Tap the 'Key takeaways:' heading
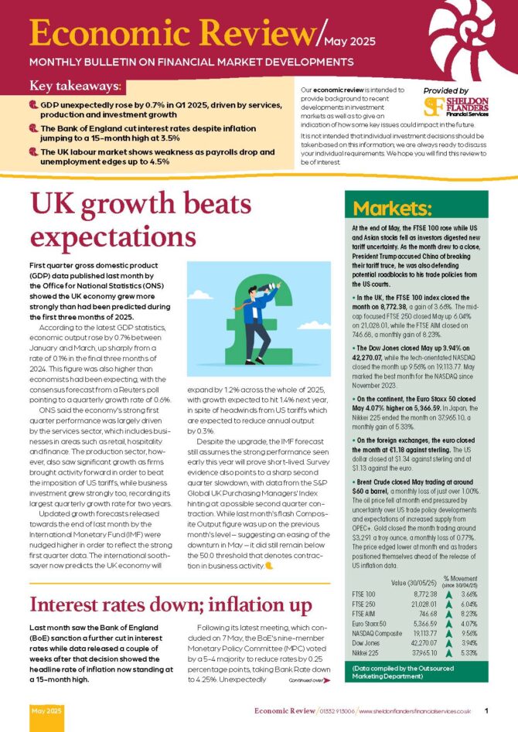77,87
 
